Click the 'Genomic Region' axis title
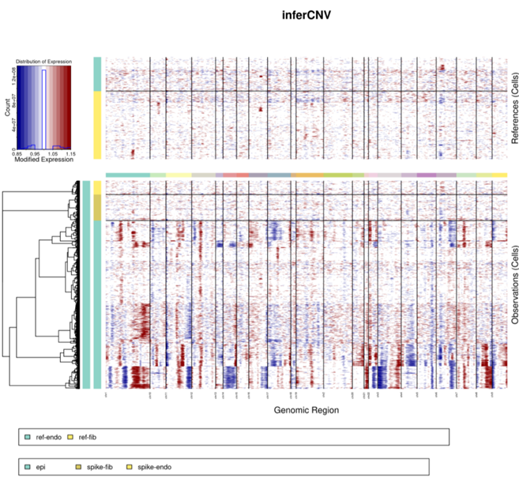pos(307,410)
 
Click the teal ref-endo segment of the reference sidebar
pos(97,73)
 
